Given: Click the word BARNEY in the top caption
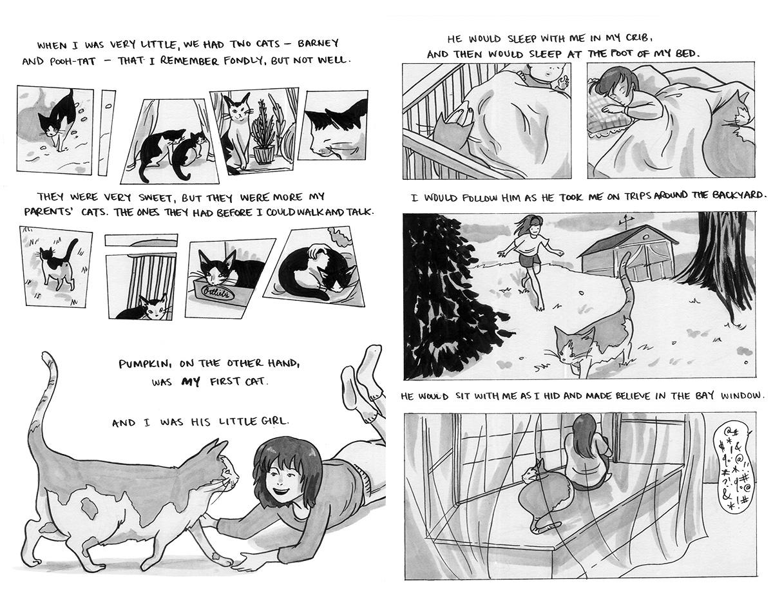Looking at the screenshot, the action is [x=318, y=43].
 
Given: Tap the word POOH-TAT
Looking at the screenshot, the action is [x=73, y=62].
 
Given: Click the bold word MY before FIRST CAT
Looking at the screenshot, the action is [x=191, y=382].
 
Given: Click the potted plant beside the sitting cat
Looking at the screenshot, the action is [x=263, y=133].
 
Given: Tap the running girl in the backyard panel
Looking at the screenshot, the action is [x=530, y=260].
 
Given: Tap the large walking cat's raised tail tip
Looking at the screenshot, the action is [x=46, y=355].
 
